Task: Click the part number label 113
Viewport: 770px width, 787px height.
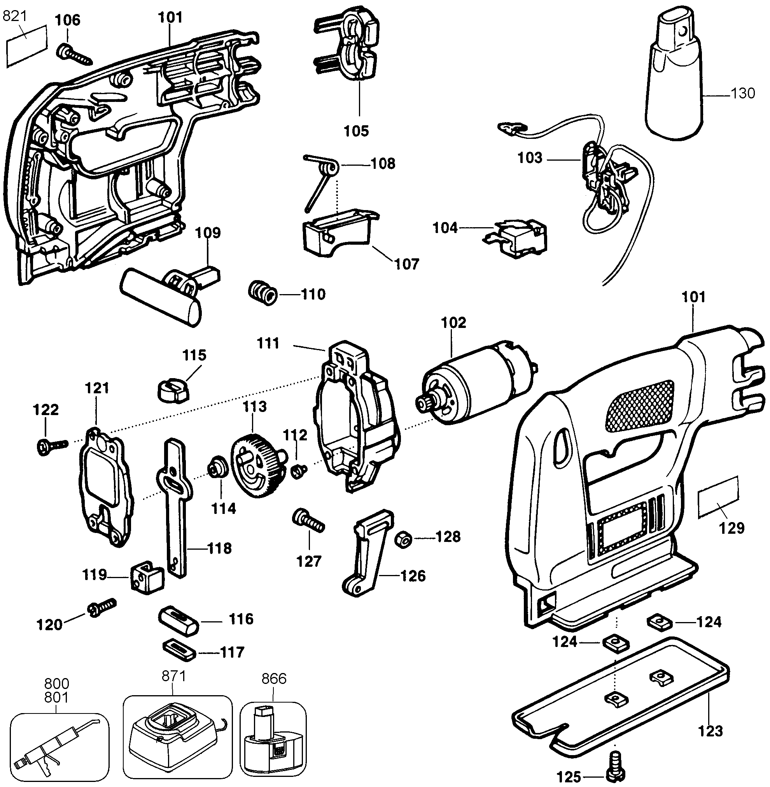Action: pos(255,406)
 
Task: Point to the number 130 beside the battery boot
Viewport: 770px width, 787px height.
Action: pos(743,93)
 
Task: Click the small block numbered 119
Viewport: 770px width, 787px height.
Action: pos(147,577)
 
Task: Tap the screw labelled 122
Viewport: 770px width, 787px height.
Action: pos(51,446)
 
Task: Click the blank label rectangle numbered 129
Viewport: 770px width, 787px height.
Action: pos(719,497)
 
